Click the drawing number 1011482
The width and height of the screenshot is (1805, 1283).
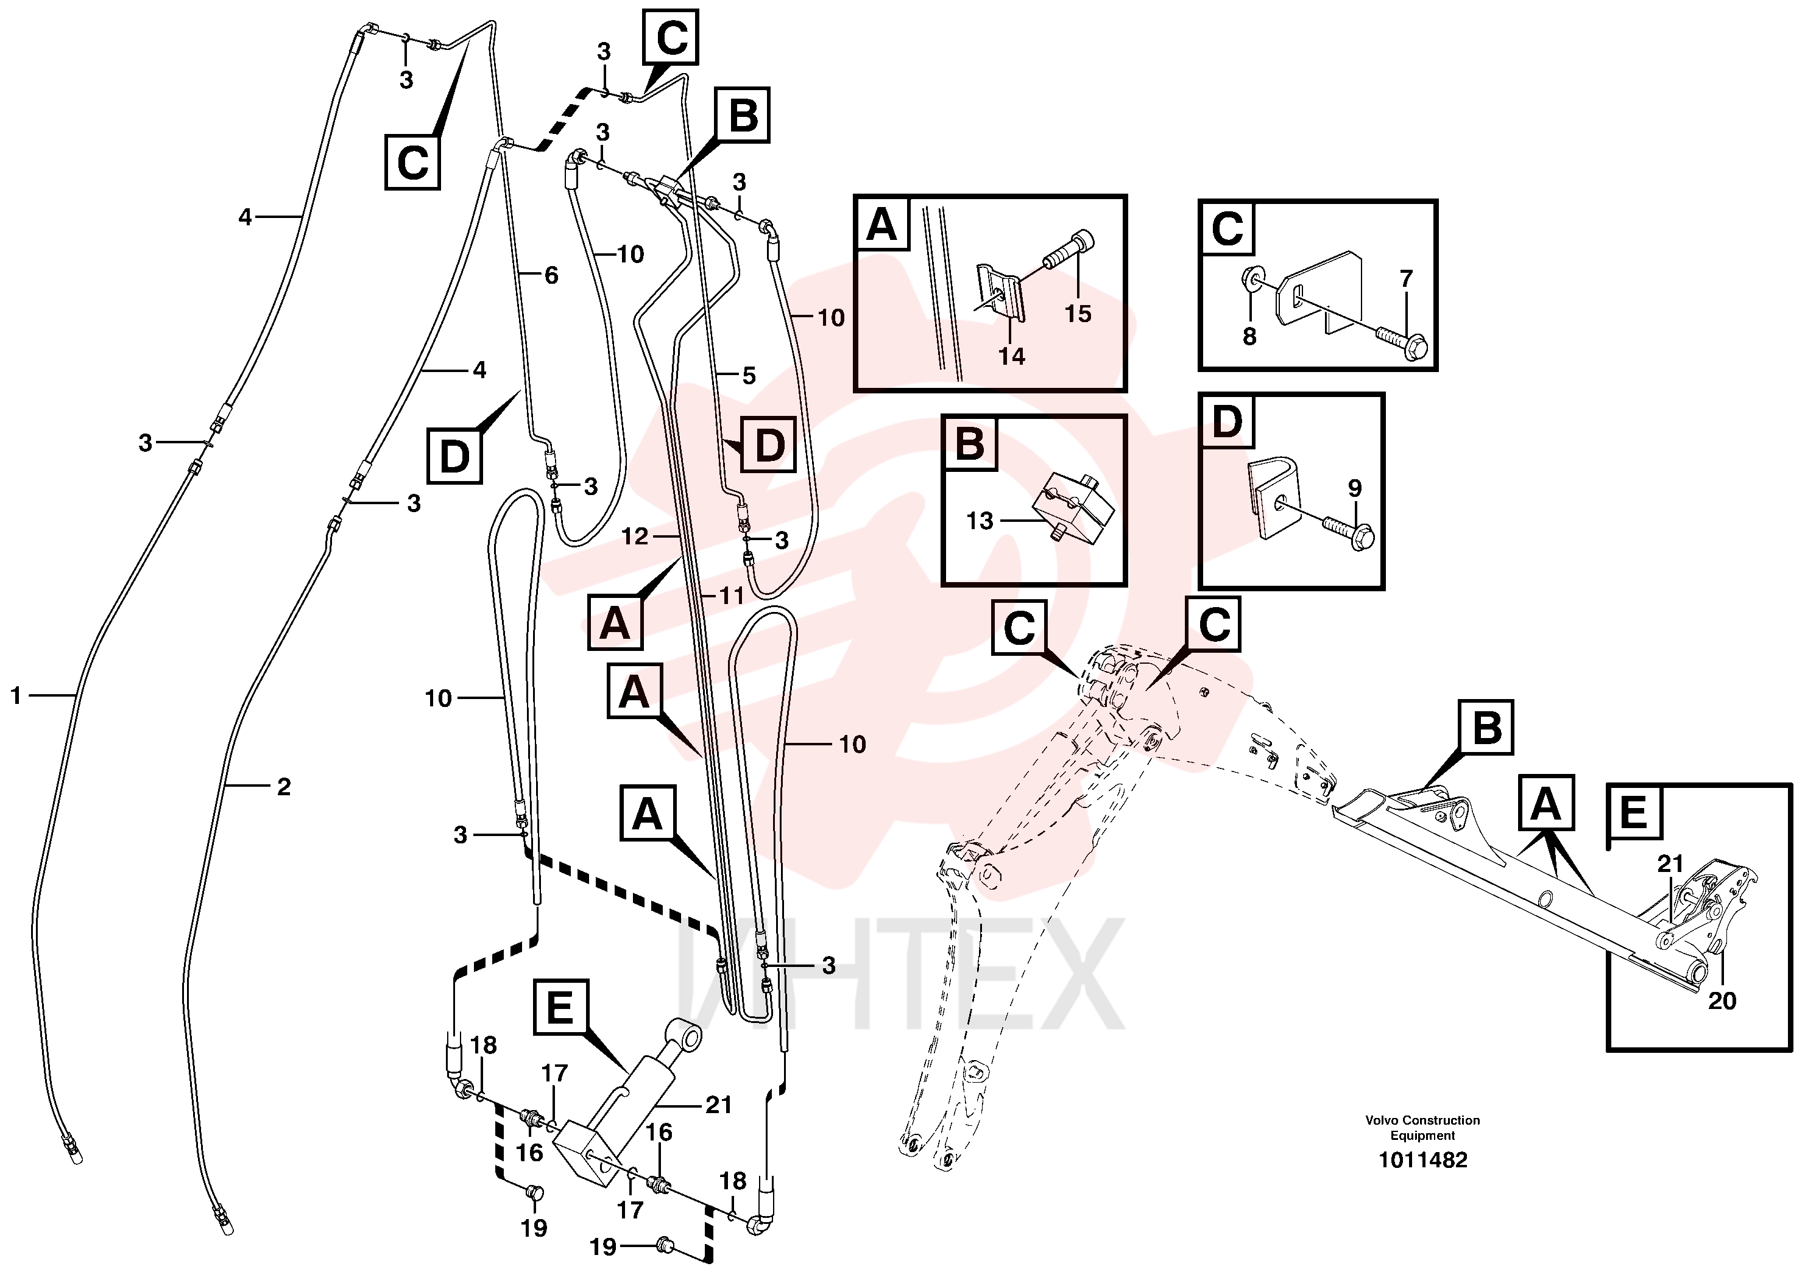tap(1422, 1160)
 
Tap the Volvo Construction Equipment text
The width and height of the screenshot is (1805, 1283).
tap(1422, 1127)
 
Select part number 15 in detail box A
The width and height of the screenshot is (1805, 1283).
tap(1077, 314)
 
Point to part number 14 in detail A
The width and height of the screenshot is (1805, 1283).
tap(1012, 356)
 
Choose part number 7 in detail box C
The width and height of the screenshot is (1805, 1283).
tap(1406, 278)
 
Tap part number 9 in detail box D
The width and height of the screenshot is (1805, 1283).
tap(1355, 488)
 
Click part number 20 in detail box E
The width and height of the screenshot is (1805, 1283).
tap(1722, 1000)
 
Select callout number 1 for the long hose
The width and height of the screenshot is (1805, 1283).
tap(16, 695)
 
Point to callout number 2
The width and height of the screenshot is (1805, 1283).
tap(284, 786)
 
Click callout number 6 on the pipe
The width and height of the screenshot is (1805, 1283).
tap(551, 275)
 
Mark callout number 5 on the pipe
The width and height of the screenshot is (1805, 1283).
tap(749, 375)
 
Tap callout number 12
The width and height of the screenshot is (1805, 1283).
tap(635, 536)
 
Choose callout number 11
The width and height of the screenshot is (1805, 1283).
tap(731, 595)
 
